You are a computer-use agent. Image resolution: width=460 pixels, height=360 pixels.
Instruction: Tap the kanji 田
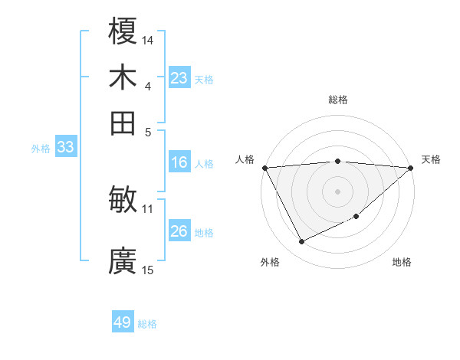(x=123, y=123)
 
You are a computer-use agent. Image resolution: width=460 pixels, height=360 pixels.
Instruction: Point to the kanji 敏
(x=123, y=201)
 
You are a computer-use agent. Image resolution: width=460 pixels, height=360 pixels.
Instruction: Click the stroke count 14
(x=148, y=40)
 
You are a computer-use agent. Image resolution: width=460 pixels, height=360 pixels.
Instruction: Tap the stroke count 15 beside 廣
(x=148, y=270)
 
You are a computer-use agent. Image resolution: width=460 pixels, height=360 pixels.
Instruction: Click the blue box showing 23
(x=179, y=78)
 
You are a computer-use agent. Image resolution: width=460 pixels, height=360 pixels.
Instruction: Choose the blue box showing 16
(x=179, y=162)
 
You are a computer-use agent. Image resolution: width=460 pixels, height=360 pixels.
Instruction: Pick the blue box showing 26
(x=179, y=231)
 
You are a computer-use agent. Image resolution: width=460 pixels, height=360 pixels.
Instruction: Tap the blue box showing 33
(x=65, y=147)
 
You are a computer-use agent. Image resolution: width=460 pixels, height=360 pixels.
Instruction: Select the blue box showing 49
(x=123, y=322)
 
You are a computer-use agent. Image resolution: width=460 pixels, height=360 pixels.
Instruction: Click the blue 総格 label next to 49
(x=147, y=324)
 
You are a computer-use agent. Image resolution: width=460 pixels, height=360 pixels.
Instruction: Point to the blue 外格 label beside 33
(x=40, y=149)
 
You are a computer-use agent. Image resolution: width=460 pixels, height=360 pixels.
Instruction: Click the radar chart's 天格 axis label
(x=431, y=159)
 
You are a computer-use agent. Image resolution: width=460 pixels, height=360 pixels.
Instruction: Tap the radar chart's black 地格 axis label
(x=402, y=262)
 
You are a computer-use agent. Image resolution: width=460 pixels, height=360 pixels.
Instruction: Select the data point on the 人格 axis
(x=264, y=168)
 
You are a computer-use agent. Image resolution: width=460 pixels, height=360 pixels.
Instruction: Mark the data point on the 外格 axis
(x=301, y=242)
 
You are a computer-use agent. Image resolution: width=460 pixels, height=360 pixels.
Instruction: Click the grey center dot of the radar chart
(x=337, y=191)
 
